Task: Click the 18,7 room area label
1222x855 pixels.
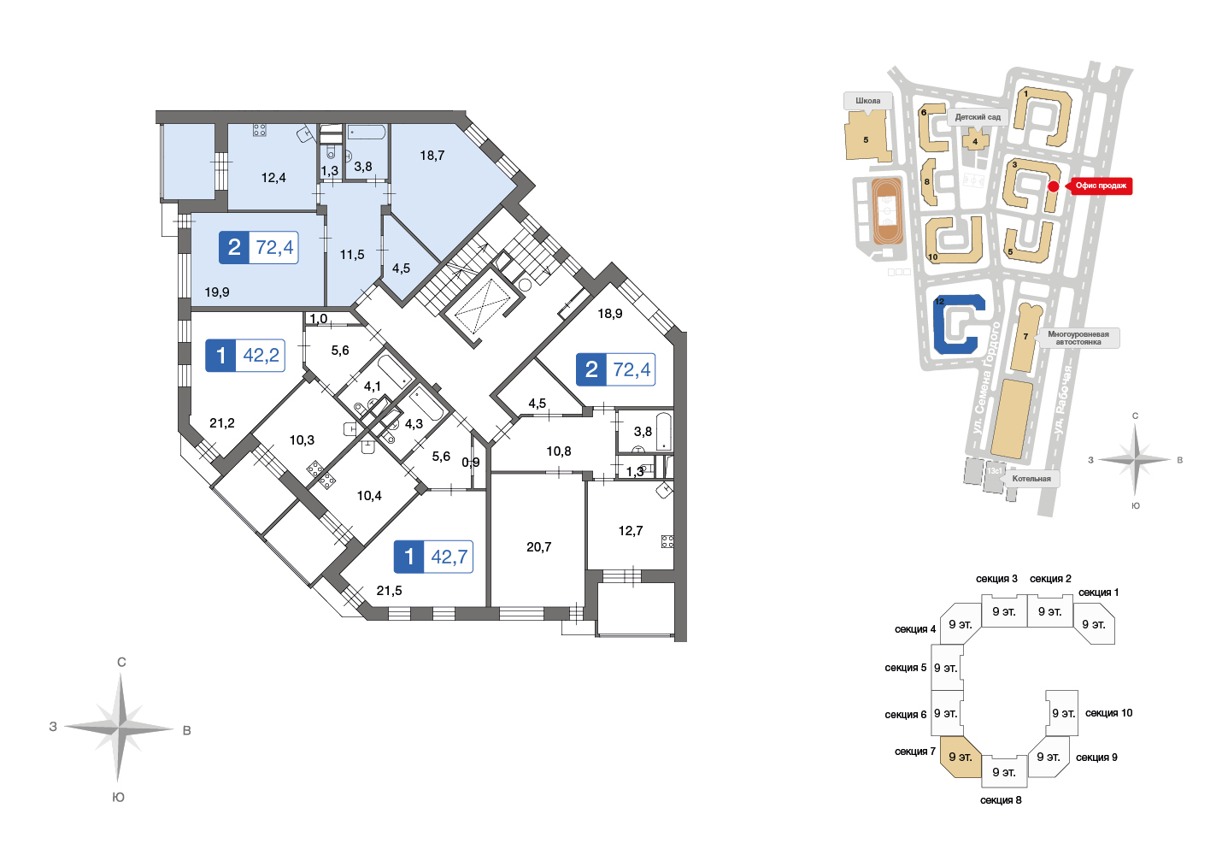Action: point(432,156)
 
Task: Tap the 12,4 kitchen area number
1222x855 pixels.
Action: point(273,178)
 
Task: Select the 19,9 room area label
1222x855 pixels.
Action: point(216,292)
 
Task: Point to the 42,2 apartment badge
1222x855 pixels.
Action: point(245,356)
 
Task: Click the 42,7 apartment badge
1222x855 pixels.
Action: point(433,557)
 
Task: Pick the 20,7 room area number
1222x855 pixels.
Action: point(539,547)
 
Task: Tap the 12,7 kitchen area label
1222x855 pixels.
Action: point(631,531)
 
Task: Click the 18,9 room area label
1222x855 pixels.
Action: point(610,314)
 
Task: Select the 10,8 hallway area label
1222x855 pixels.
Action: point(559,451)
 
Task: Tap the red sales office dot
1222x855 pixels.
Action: point(1054,186)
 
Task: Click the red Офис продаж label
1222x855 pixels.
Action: point(1101,186)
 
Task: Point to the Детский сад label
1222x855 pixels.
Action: point(978,118)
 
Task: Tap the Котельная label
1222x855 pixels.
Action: point(1031,479)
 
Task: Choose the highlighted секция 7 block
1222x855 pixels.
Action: point(961,756)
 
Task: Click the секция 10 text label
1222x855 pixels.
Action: point(1108,713)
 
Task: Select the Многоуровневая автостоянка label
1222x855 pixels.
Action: point(1078,338)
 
